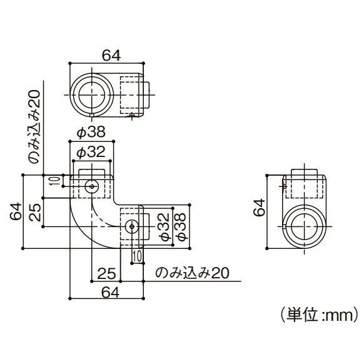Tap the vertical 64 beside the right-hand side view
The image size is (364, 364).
[x=258, y=208]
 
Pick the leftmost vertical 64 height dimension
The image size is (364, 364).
[x=14, y=211]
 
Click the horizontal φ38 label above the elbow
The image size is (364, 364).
[x=91, y=133]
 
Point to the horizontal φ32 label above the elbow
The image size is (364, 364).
[x=91, y=152]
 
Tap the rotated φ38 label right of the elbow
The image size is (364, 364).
[x=180, y=226]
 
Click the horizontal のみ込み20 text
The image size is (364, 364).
[x=192, y=273]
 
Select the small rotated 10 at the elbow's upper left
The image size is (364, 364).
[x=54, y=181]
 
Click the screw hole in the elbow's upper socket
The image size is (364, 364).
[x=92, y=186]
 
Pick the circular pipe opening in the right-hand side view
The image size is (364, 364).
[x=305, y=226]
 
